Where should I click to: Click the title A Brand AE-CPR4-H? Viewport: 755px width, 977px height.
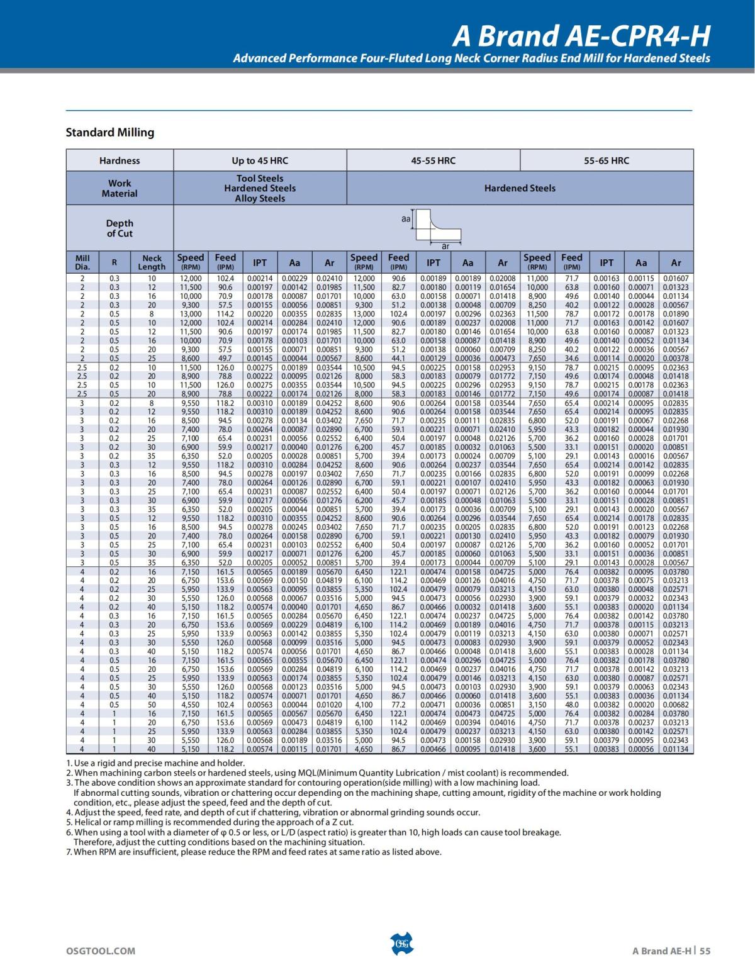click(x=581, y=36)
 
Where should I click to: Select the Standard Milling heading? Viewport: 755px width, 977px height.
click(x=110, y=133)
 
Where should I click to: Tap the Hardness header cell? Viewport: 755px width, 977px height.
click(x=120, y=160)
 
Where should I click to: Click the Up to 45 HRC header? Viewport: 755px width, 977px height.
click(x=260, y=160)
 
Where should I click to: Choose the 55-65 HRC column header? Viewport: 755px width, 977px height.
click(x=607, y=160)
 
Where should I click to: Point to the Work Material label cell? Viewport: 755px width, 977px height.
click(x=120, y=188)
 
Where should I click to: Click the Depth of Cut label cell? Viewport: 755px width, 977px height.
click(x=120, y=228)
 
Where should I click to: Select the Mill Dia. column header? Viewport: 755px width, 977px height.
click(x=82, y=262)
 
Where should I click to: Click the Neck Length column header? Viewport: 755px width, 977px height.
click(x=152, y=262)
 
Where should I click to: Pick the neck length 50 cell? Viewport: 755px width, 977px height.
click(x=152, y=705)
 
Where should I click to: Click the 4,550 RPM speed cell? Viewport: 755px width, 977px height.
click(x=191, y=705)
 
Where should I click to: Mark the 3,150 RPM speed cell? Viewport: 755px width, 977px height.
click(x=537, y=705)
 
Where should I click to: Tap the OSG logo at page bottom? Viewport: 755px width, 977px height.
click(x=402, y=944)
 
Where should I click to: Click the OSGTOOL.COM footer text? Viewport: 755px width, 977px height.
click(x=101, y=951)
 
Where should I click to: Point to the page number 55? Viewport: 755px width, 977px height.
click(x=705, y=951)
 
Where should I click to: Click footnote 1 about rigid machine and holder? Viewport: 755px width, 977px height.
click(x=155, y=763)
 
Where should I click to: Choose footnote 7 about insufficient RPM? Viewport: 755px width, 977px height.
click(x=254, y=852)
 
